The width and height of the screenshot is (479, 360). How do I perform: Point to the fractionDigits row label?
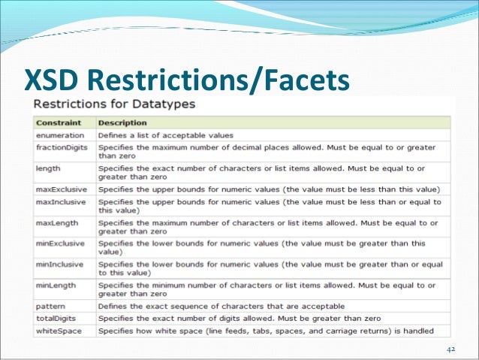pyautogui.click(x=62, y=147)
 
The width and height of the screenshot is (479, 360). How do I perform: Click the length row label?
pyautogui.click(x=48, y=168)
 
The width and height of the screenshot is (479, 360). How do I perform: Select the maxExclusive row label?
pyautogui.click(x=60, y=188)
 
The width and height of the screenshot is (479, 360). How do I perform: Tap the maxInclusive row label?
pyautogui.click(x=60, y=202)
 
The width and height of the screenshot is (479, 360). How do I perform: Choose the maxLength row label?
pyautogui.click(x=56, y=222)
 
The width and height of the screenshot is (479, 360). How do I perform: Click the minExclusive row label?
pyautogui.click(x=60, y=244)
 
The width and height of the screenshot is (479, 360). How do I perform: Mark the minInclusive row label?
pyautogui.click(x=59, y=265)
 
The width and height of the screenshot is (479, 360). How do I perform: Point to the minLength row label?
pyautogui.click(x=56, y=286)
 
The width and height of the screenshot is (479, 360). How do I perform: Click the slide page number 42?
pyautogui.click(x=450, y=349)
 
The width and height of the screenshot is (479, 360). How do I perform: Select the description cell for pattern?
pyautogui.click(x=221, y=306)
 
